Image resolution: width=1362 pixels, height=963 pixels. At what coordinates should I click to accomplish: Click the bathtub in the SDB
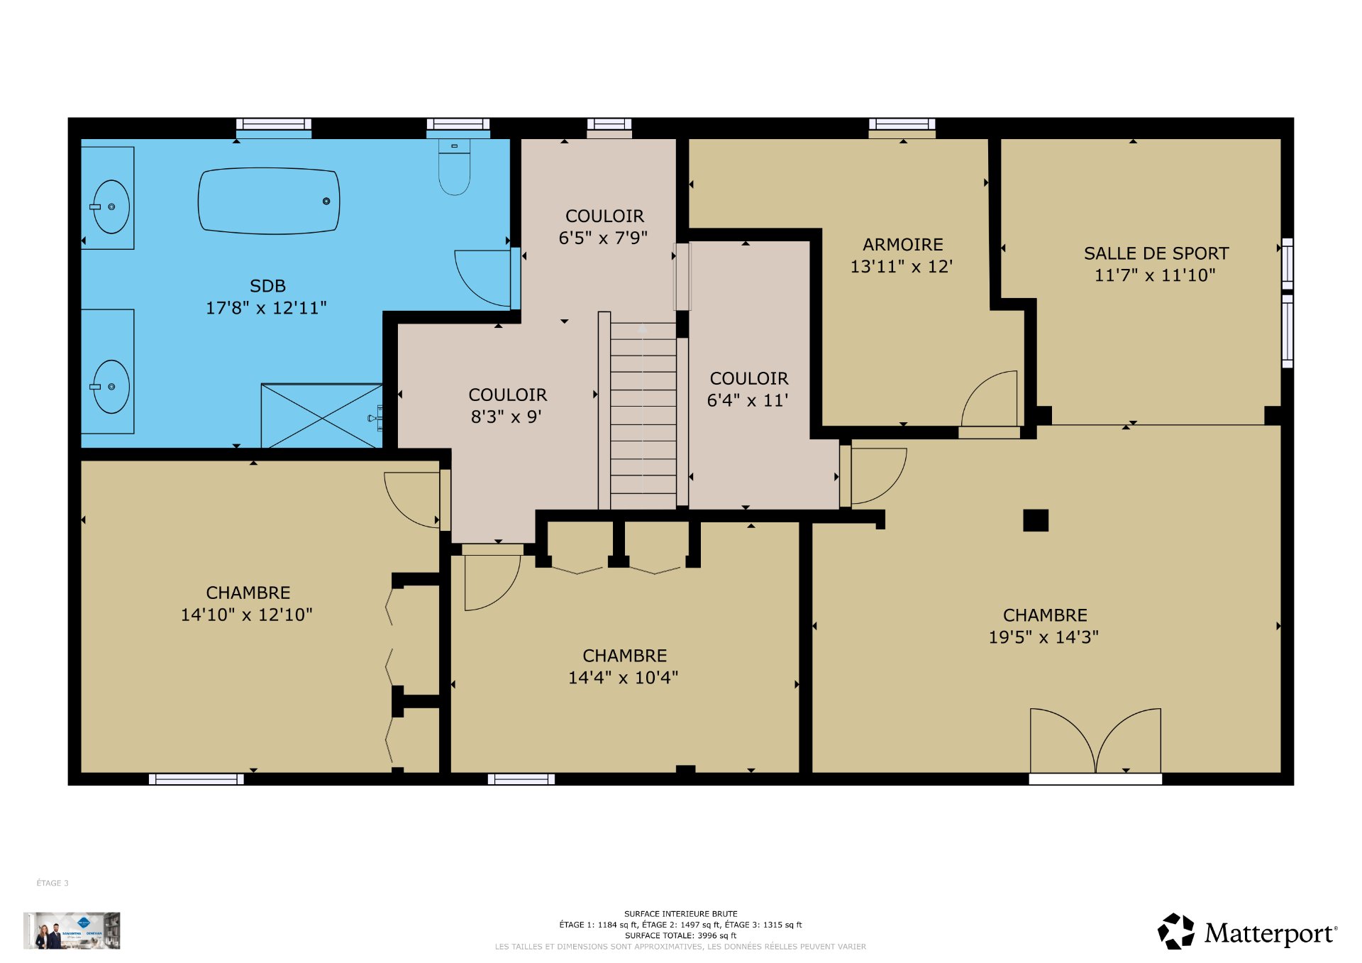click(268, 201)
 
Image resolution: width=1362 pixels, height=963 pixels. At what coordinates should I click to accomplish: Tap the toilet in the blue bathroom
click(454, 167)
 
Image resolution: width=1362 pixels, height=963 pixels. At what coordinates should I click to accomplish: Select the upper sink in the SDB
click(111, 207)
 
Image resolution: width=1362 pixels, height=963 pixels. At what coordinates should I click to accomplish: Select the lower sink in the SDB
click(111, 387)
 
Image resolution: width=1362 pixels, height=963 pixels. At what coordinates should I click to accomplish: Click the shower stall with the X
click(322, 416)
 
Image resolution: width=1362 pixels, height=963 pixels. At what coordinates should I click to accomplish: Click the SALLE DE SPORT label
click(1156, 253)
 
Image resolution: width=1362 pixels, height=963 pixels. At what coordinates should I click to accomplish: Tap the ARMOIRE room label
click(902, 245)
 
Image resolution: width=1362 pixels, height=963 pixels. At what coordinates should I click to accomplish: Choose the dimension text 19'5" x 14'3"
click(1043, 637)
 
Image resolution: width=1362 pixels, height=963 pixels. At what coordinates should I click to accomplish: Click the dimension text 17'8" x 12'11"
click(266, 308)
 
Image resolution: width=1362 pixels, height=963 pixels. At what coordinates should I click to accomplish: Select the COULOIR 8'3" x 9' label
click(507, 405)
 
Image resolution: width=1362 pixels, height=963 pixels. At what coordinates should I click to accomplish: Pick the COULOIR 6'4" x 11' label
click(748, 389)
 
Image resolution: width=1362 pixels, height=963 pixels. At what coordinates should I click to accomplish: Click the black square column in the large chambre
click(1035, 520)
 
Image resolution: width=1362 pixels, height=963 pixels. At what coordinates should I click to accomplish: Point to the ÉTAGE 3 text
click(52, 883)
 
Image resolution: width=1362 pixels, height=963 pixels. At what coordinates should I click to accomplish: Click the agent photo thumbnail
click(72, 930)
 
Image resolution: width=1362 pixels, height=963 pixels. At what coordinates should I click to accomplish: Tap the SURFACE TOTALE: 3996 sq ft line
click(680, 935)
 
